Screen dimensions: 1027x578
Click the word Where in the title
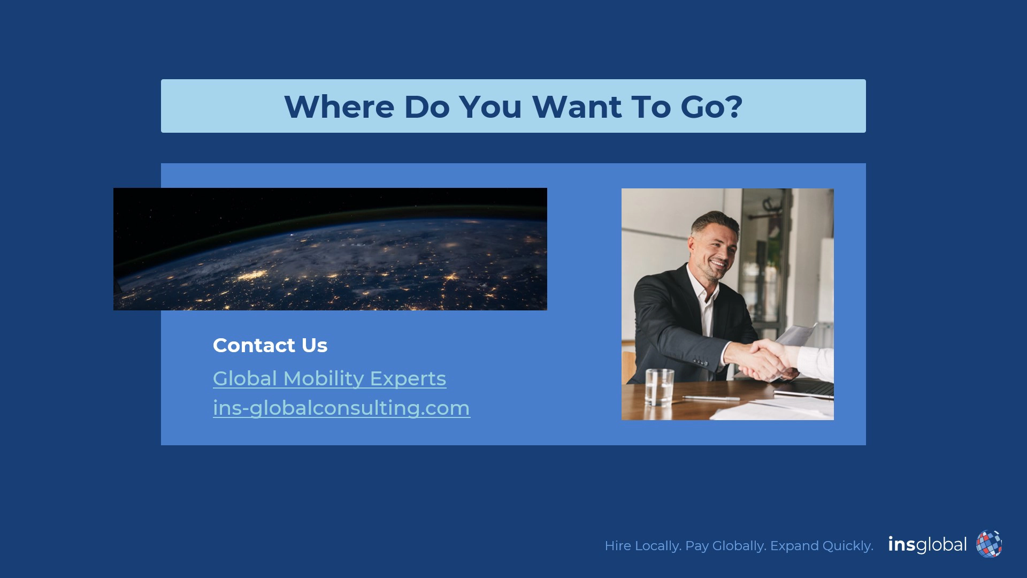coord(340,107)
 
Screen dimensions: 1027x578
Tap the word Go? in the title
coord(711,107)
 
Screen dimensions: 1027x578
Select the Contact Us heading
coord(270,345)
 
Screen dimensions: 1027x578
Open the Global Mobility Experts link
coord(329,378)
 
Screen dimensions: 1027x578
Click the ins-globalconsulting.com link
coord(342,408)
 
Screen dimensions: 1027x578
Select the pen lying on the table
coord(711,398)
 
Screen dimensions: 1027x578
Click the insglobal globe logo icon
coord(989,544)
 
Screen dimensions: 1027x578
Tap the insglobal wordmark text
coord(928,545)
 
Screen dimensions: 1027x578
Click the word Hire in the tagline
coord(618,546)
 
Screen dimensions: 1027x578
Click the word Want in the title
coord(577,107)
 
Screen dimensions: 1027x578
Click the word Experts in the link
coord(408,378)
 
